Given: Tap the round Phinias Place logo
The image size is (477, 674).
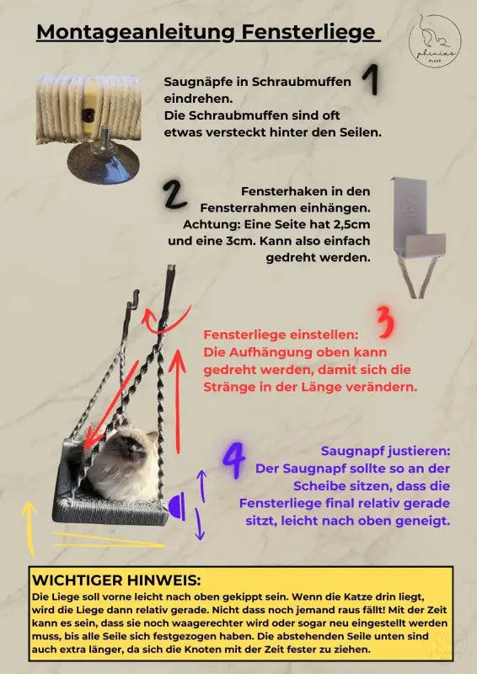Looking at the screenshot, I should pyautogui.click(x=434, y=38).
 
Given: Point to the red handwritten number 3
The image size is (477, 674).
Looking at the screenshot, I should pyautogui.click(x=383, y=322).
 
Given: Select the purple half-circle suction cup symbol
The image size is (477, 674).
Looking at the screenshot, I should pyautogui.click(x=177, y=507).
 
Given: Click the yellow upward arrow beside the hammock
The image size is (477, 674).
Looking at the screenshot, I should pyautogui.click(x=30, y=527).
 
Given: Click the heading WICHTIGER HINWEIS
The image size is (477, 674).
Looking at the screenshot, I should pyautogui.click(x=115, y=580).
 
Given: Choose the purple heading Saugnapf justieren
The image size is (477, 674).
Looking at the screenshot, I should pyautogui.click(x=385, y=451).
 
